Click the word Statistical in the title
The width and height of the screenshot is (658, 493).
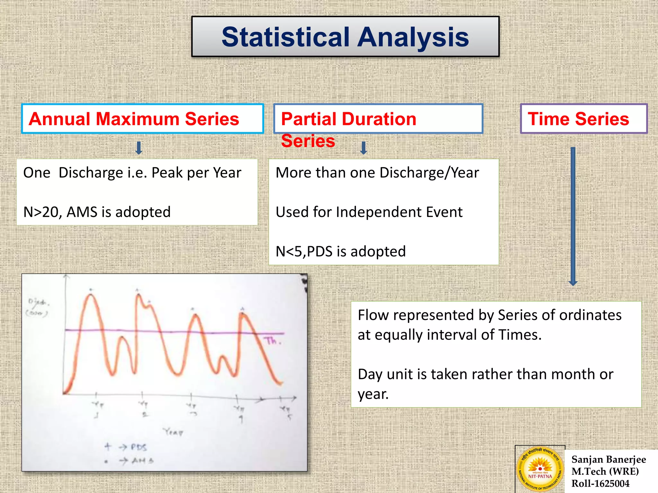tap(285, 37)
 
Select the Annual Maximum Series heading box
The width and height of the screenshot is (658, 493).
tap(142, 119)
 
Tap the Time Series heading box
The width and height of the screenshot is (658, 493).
tap(583, 119)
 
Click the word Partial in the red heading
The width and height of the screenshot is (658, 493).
tap(308, 119)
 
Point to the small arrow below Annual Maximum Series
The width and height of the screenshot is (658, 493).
tap(139, 148)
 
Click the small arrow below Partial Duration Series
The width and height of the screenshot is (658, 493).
tap(363, 148)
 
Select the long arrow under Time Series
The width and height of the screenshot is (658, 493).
tap(573, 217)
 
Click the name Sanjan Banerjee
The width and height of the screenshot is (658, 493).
tap(608, 459)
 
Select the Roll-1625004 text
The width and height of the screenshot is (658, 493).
tap(600, 483)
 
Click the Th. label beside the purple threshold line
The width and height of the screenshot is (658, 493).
tap(273, 341)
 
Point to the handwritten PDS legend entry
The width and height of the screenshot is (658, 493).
tap(138, 447)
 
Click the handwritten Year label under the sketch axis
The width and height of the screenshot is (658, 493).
tap(173, 432)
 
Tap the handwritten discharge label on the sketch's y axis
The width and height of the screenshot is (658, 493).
tap(38, 307)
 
